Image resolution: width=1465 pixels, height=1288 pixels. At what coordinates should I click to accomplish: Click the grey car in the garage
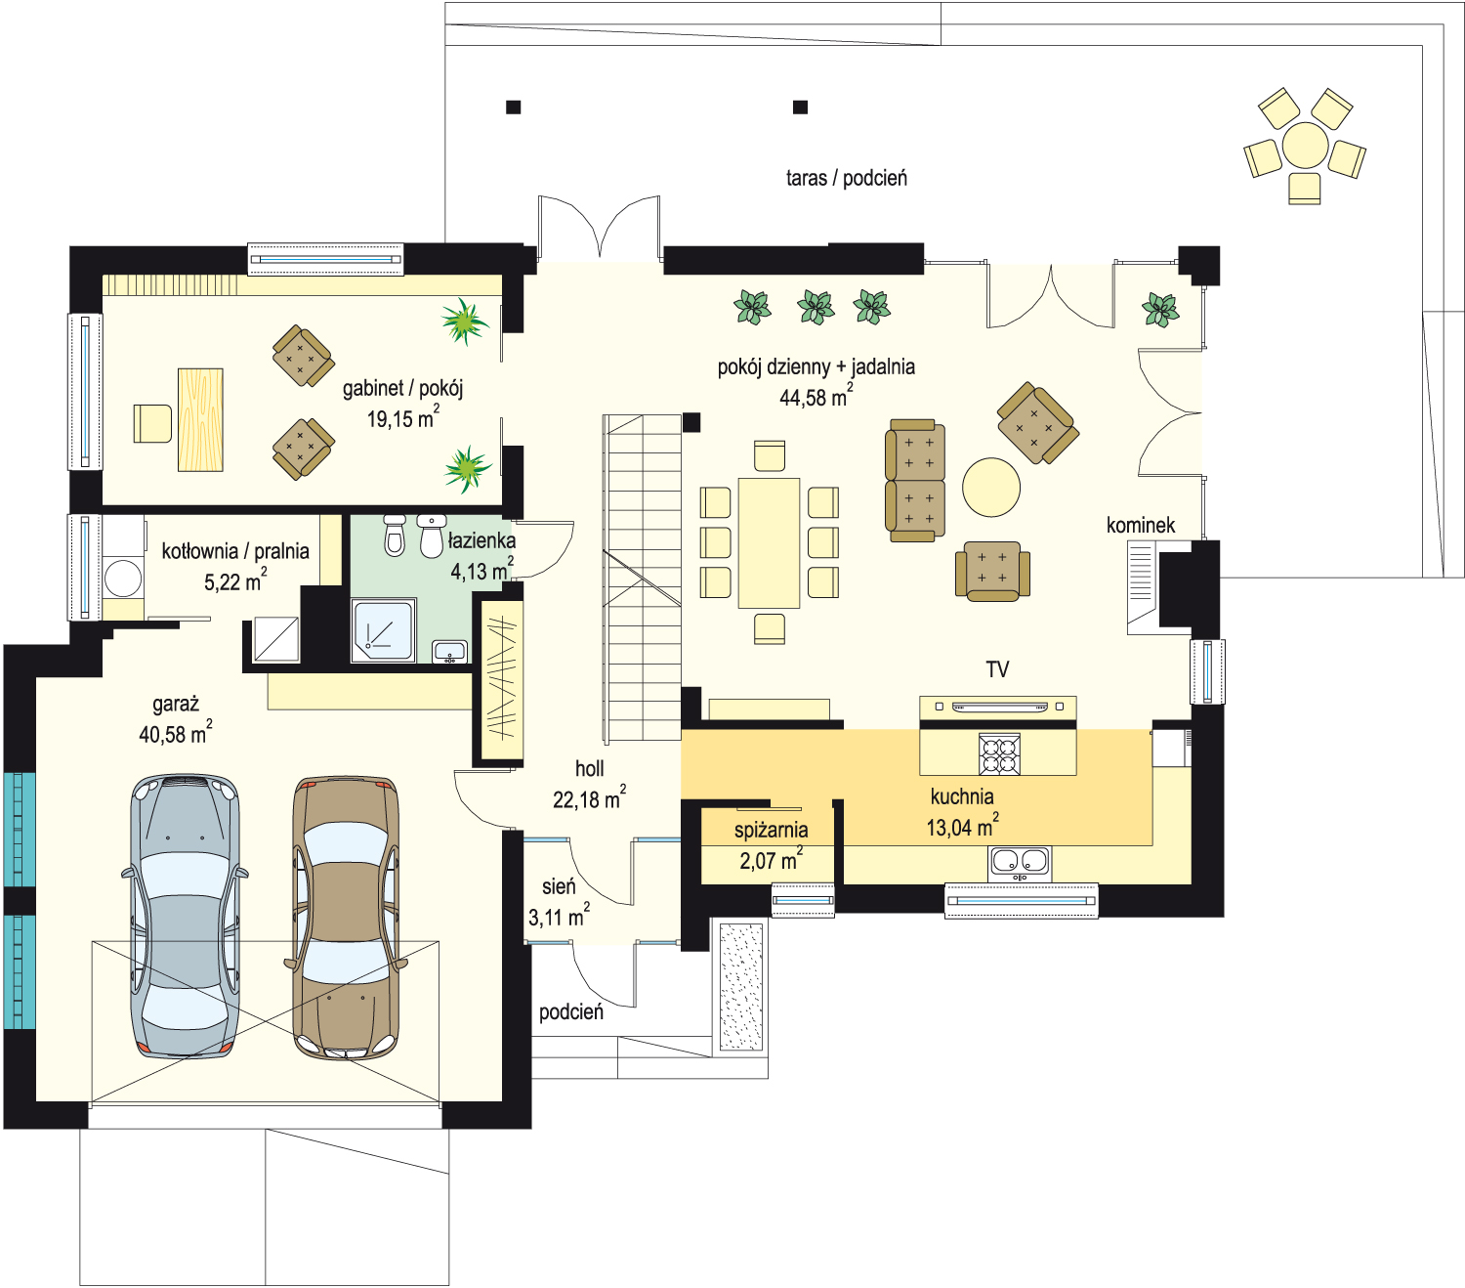(186, 916)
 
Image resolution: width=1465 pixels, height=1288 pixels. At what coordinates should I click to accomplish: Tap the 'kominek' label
(1141, 526)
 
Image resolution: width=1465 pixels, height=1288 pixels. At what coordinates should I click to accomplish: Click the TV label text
(997, 669)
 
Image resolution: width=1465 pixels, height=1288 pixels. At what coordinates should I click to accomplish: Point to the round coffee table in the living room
(990, 487)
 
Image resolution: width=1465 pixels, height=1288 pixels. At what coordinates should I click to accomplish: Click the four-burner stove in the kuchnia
(999, 753)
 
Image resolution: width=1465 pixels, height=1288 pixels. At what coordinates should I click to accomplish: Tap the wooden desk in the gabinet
(200, 419)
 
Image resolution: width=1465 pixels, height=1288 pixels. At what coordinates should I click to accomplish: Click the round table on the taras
(1305, 145)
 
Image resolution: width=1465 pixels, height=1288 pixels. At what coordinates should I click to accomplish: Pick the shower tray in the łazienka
(383, 629)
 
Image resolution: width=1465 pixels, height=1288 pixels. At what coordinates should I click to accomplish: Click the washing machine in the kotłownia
(123, 579)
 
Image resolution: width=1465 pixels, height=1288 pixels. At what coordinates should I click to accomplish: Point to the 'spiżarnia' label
(771, 830)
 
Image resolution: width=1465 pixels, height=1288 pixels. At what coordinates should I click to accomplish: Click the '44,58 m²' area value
(816, 397)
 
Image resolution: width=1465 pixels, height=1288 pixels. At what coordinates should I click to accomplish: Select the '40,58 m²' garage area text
(175, 733)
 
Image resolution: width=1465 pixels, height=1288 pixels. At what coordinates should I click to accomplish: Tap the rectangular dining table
(769, 542)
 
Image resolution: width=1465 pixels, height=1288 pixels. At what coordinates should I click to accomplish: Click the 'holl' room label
(589, 768)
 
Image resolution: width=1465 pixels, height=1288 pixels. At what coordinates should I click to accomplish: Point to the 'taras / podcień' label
(846, 178)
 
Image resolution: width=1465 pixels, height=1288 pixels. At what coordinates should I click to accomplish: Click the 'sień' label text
(559, 886)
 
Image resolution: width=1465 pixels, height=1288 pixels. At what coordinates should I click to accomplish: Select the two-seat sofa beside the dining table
(915, 481)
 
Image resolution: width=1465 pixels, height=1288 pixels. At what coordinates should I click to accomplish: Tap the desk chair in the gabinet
(152, 423)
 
